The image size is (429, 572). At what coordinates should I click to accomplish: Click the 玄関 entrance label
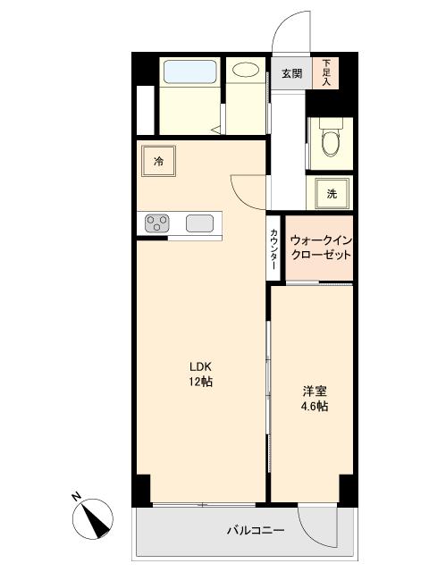(291, 73)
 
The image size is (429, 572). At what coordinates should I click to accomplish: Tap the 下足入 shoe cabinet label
(327, 72)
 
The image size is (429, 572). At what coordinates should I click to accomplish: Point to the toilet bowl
(331, 140)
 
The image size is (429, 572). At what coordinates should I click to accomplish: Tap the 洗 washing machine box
(331, 193)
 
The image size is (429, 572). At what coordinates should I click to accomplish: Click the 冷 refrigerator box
(158, 162)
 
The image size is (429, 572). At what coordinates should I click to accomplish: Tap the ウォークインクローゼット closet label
(321, 248)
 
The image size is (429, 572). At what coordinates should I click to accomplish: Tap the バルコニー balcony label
(255, 531)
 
